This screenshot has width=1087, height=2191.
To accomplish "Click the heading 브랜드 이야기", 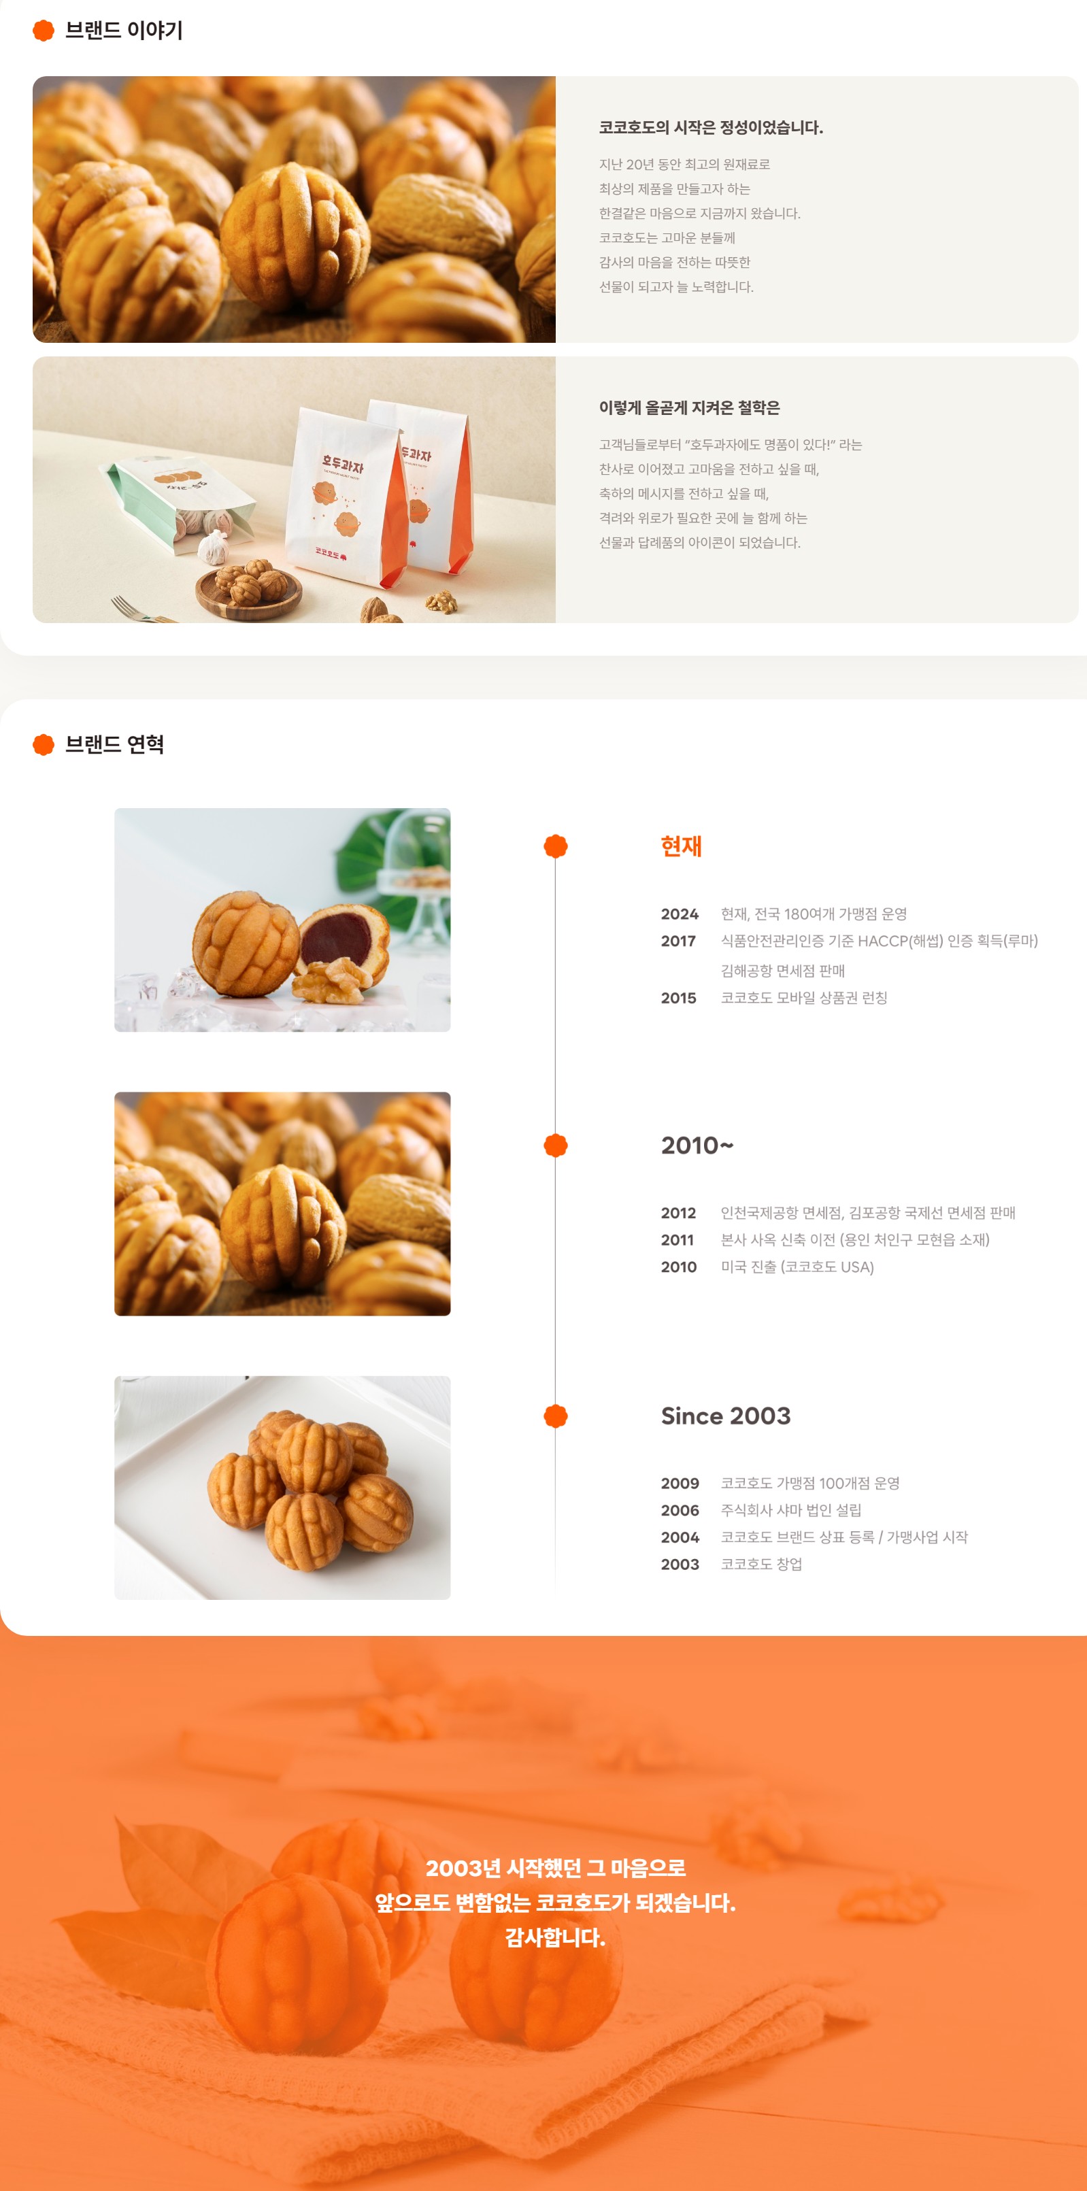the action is coord(124,31).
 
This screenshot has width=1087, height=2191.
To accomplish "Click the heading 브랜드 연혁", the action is coord(115,744).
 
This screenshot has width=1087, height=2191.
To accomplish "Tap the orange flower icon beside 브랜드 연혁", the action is coord(44,744).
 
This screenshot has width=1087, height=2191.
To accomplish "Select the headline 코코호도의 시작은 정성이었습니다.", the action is coord(711,128).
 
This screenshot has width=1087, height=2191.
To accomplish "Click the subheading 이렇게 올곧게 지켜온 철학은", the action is coord(689,407).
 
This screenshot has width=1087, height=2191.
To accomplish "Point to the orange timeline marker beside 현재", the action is coord(556,846).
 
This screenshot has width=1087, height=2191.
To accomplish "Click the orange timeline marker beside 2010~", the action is coord(556,1145).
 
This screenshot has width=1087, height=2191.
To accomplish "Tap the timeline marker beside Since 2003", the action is coord(556,1416).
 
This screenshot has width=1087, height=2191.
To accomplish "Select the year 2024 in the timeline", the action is coord(680,914).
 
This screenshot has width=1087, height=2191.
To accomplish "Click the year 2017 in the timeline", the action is coord(678,941).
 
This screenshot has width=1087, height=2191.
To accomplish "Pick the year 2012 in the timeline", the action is coord(678,1213).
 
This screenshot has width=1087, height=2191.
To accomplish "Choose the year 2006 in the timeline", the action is coord(680,1511).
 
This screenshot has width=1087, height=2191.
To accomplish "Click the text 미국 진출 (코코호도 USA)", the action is coord(797,1267).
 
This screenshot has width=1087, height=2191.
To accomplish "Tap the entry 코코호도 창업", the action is coord(761,1564).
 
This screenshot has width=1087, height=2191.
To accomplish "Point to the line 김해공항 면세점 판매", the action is coord(782,971).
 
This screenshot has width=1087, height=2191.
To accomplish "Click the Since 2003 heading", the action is coord(726,1416).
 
